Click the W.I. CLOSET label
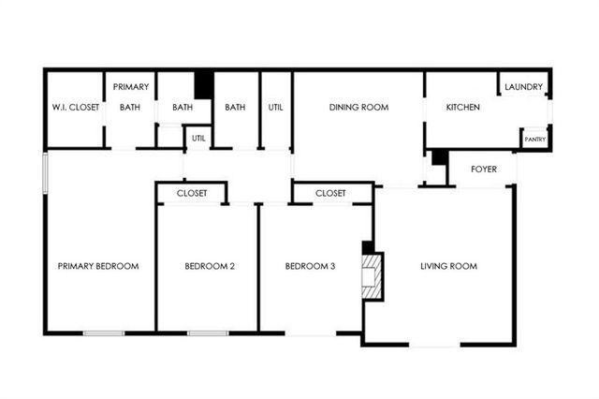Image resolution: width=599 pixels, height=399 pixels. [76, 108]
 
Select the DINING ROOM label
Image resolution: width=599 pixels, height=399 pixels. [358, 108]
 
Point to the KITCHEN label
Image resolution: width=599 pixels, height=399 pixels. [462, 108]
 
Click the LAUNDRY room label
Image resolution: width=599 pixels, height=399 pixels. [523, 88]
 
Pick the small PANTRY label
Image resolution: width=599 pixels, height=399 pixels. [534, 140]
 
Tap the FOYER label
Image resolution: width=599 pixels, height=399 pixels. [483, 170]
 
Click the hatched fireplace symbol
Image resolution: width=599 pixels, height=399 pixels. [373, 278]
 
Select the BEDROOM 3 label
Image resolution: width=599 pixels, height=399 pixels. [311, 267]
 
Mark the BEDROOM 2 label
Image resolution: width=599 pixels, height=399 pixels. [209, 267]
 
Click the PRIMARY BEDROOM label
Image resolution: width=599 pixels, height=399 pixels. [98, 267]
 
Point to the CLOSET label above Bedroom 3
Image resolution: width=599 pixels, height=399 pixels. [330, 194]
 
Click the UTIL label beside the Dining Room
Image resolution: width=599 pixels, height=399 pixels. [275, 108]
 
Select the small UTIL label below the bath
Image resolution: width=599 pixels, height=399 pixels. [198, 139]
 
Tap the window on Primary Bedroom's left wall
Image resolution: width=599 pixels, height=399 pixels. [45, 173]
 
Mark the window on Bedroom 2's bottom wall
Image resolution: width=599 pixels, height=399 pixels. [208, 332]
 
